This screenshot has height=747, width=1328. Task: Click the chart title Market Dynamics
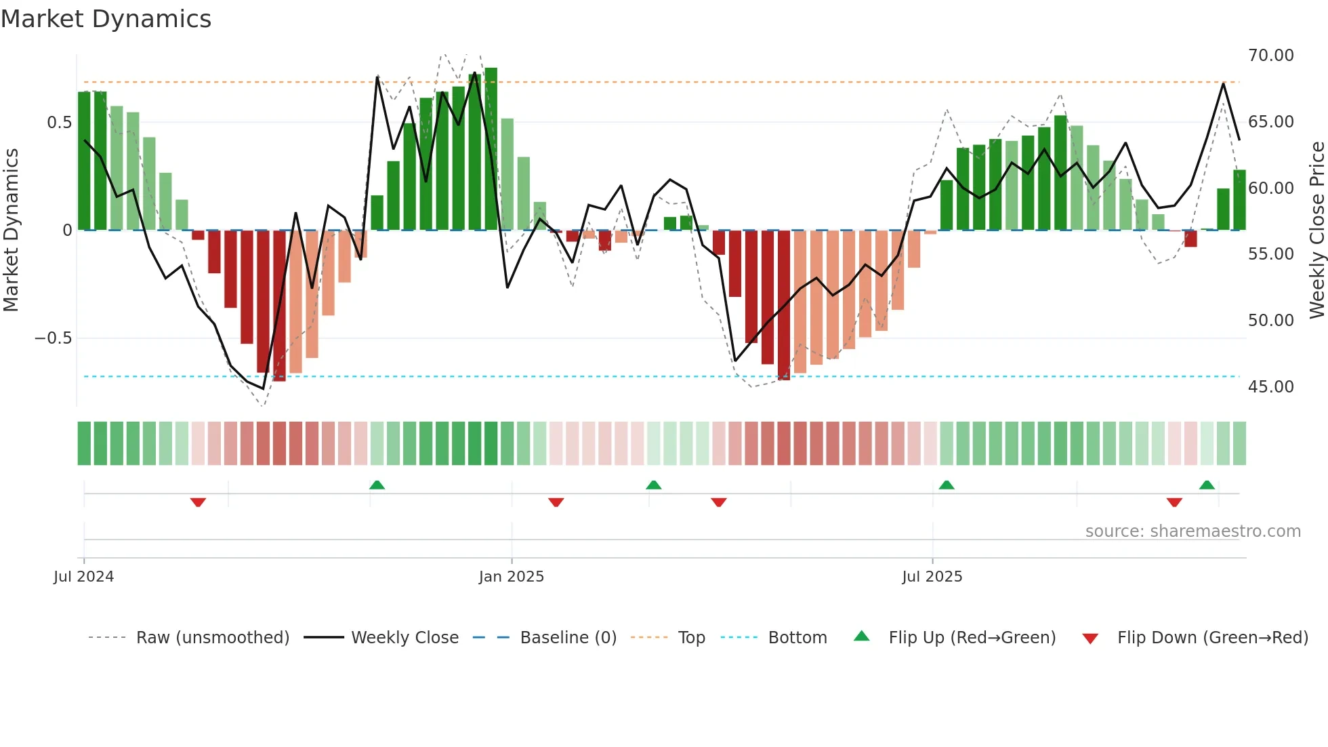click(x=106, y=19)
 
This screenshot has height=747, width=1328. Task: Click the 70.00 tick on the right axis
click(x=1270, y=56)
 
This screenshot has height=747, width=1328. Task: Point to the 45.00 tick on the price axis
click(x=1270, y=387)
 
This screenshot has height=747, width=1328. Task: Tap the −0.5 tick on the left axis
click(x=54, y=338)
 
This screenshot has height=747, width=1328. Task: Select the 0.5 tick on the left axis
click(x=59, y=123)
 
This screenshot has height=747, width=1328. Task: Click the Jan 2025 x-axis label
click(x=511, y=577)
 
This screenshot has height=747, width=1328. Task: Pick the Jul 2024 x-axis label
click(x=83, y=577)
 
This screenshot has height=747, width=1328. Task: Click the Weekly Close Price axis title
click(x=1316, y=230)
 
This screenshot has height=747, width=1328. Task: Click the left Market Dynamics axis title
click(x=11, y=230)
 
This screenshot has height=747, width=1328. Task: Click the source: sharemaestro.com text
click(x=1192, y=531)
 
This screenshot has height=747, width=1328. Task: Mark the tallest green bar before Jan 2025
click(x=491, y=149)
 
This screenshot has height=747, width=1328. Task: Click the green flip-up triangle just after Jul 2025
click(x=947, y=485)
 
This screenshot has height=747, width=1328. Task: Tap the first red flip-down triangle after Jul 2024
click(x=198, y=502)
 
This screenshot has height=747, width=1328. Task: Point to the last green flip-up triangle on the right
click(x=1207, y=485)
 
